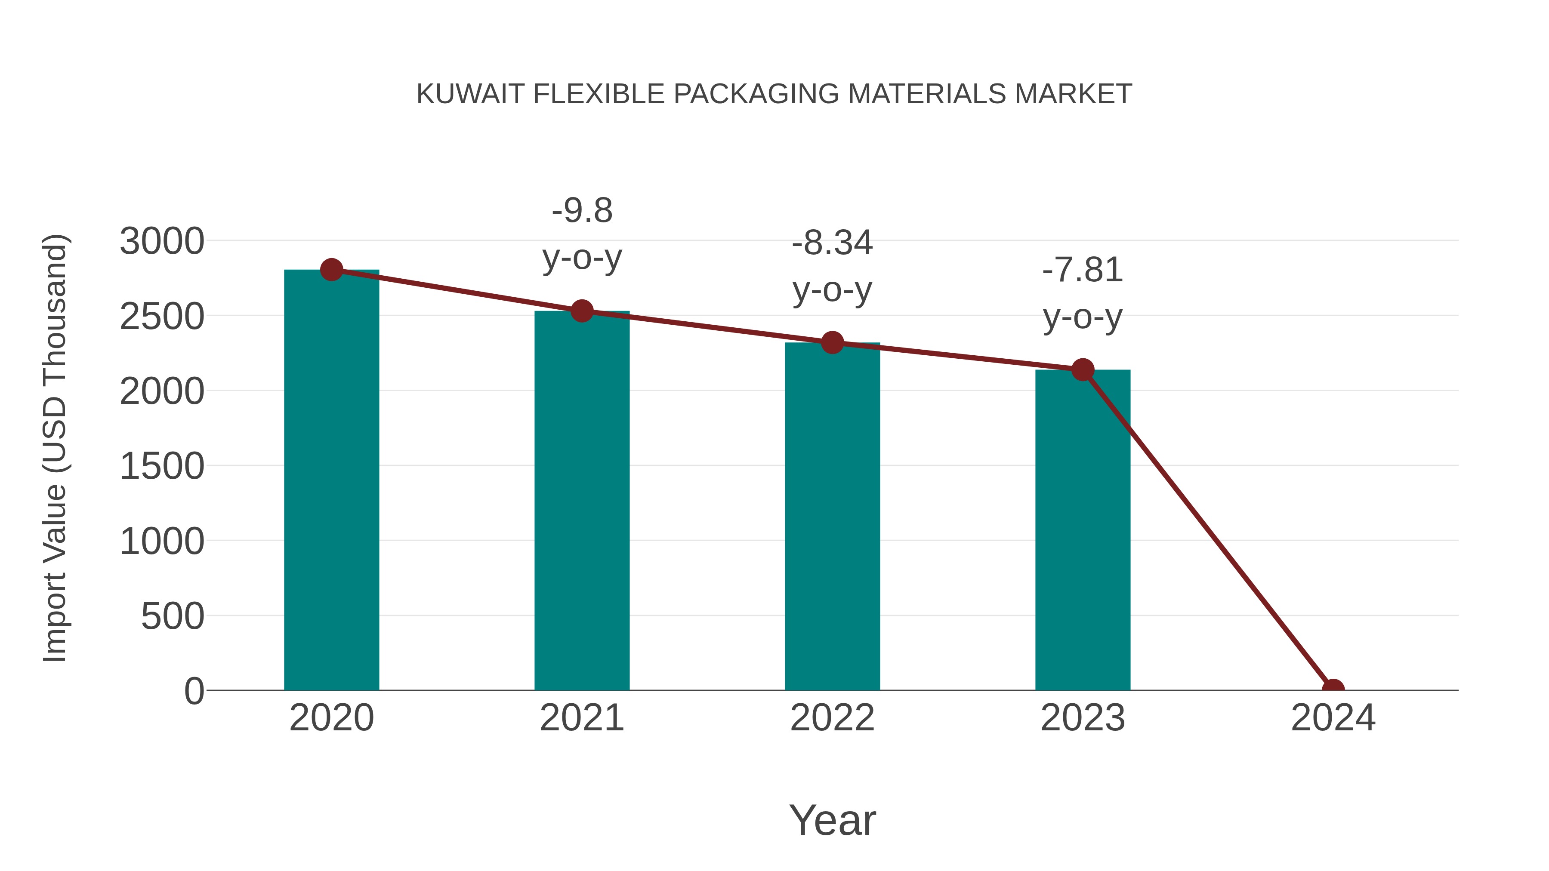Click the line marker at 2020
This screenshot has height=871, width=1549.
coord(331,270)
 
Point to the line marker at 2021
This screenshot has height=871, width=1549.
coord(581,311)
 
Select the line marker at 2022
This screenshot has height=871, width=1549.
coord(832,343)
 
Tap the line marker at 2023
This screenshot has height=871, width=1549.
coord(1083,369)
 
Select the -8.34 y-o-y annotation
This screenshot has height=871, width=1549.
coord(832,266)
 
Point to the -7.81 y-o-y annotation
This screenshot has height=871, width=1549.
coord(1083,293)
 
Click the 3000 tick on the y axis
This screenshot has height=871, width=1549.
coord(162,242)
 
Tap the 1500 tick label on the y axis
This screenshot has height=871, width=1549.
coord(162,466)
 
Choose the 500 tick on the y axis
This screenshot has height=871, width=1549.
coord(173,617)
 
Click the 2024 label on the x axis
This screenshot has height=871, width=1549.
coord(1333,718)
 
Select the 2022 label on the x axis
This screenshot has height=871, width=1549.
coord(832,718)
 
